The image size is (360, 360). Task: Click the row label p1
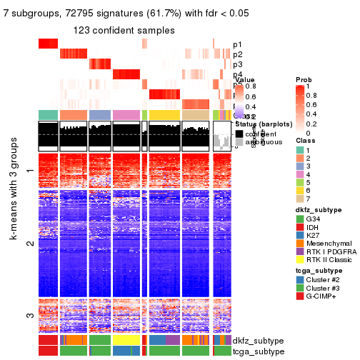(237, 44)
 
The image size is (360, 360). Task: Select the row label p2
(237, 54)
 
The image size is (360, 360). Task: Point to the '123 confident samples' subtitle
(124, 30)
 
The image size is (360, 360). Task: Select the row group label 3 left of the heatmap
(29, 316)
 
